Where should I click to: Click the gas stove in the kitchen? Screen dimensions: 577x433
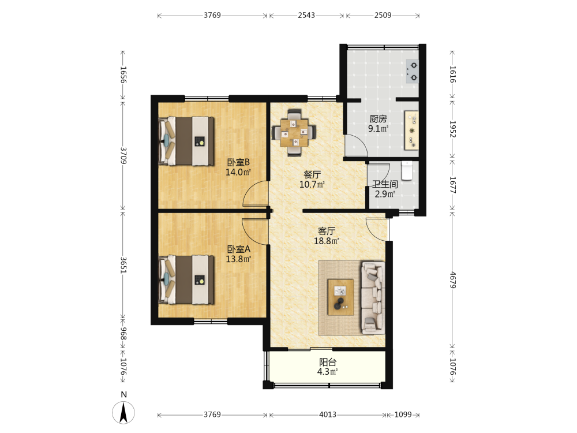coord(412,72)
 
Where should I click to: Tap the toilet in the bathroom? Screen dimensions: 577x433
coord(407,171)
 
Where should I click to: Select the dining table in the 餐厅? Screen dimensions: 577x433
coord(294,133)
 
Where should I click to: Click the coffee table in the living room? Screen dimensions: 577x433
coord(341,297)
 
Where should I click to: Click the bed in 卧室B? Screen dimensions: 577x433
coord(186,141)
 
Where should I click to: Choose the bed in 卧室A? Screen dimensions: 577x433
coord(186,280)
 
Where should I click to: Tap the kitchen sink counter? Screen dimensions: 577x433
coord(411,130)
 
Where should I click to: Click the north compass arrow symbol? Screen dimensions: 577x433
coord(123,412)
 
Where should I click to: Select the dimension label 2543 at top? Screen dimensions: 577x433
coord(306,15)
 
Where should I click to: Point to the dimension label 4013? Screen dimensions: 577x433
coord(328,415)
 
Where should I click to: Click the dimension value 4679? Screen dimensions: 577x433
coord(452,280)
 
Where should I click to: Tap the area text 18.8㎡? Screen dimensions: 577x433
coord(326,241)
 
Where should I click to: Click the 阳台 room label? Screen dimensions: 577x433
coord(328,362)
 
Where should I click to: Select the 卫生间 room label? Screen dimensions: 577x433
coord(385,184)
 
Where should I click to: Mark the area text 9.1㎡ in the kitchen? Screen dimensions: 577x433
coord(379,129)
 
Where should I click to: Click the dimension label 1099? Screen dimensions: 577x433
coord(403,415)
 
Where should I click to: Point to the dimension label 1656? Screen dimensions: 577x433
coord(123,74)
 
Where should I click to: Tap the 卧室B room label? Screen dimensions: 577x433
coord(238,162)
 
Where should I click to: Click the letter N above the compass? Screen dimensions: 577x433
coord(123,395)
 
